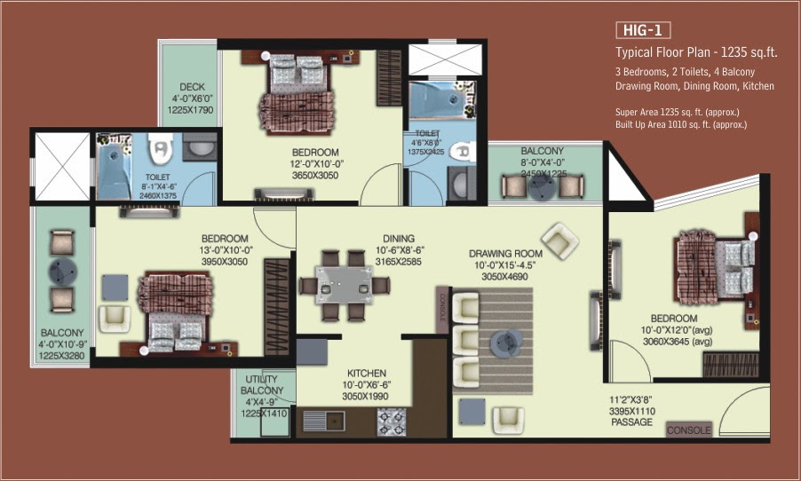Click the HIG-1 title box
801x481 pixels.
click(643, 30)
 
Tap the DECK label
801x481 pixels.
click(192, 87)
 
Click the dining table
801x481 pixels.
click(345, 285)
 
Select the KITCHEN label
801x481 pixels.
click(366, 374)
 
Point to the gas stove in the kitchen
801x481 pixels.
click(392, 422)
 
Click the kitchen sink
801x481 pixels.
click(324, 422)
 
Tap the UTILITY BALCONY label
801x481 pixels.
click(262, 384)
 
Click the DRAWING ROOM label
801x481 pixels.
click(505, 253)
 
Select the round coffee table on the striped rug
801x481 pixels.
click(506, 343)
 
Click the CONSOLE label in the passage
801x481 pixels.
click(688, 430)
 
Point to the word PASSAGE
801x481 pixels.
click(632, 422)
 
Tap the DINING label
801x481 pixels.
click(399, 239)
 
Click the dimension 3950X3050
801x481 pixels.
click(225, 262)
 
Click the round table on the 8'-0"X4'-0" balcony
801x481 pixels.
click(542, 187)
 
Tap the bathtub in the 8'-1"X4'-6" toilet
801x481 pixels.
click(114, 167)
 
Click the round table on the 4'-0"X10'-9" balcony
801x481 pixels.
click(62, 272)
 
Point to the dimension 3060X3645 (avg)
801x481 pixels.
click(678, 342)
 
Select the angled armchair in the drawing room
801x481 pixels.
click(559, 240)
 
